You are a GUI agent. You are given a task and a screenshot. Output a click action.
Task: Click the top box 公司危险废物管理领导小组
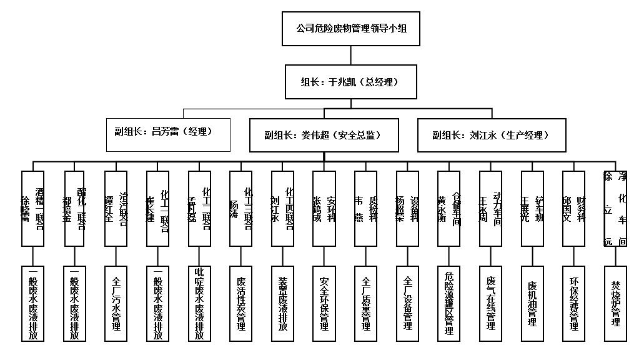tap(350, 29)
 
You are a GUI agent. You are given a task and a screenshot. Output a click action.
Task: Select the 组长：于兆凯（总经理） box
tap(350, 82)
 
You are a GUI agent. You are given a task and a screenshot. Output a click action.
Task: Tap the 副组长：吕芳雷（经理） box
tap(168, 134)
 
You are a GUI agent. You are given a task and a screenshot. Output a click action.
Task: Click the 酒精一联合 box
tap(32, 209)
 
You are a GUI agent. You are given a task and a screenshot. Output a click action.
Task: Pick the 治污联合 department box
tap(116, 209)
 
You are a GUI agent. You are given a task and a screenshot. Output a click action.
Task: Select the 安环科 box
tap(325, 209)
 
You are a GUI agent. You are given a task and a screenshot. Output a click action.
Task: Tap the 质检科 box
tap(366, 209)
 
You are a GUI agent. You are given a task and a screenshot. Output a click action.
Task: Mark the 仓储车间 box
tap(449, 209)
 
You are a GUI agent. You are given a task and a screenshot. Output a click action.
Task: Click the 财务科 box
tap(574, 209)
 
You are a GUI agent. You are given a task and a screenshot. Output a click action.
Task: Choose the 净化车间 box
tap(615, 209)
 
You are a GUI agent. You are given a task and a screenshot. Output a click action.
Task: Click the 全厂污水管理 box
tap(116, 303)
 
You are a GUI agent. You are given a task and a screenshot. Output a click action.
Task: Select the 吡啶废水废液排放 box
tap(199, 303)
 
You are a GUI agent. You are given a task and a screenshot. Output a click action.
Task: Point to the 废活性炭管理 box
tap(241, 303)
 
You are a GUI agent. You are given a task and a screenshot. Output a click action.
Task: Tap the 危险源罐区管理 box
tap(449, 303)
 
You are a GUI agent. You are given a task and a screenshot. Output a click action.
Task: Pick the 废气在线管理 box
tap(490, 303)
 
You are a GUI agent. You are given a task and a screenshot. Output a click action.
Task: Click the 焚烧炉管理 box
tap(615, 303)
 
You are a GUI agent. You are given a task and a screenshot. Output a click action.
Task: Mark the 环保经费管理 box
tap(574, 303)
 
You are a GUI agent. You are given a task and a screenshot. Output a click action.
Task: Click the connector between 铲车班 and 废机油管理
tap(532, 256)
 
